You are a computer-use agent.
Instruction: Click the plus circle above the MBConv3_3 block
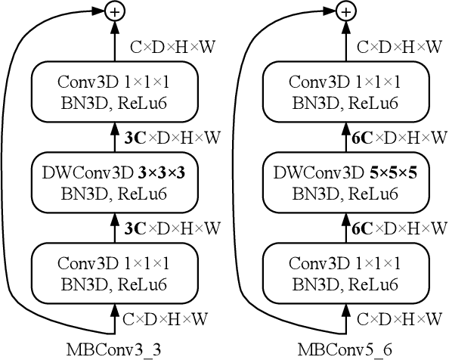coord(114,11)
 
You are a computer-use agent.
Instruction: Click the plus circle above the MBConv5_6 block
coord(345,11)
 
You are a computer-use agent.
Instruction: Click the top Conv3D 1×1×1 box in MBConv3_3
coord(114,91)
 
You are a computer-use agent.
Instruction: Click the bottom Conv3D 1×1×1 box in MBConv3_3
coord(114,273)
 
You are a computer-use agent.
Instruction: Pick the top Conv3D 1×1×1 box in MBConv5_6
coord(345,91)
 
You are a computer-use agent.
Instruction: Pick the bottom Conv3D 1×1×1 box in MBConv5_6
coord(345,273)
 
